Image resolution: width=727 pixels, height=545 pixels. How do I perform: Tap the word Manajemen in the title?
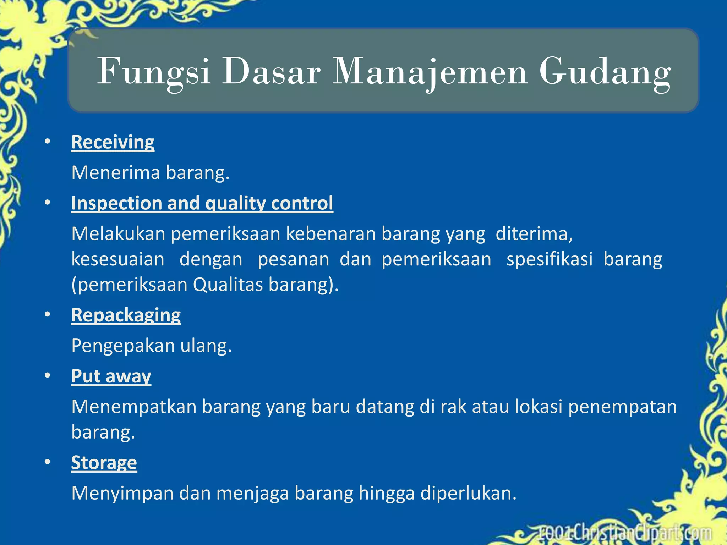pyautogui.click(x=430, y=72)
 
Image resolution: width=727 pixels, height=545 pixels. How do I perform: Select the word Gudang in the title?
pyautogui.click(x=605, y=72)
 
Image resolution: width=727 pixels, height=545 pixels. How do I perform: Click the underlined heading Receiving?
pyautogui.click(x=113, y=143)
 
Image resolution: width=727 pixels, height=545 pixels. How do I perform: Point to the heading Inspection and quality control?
pyautogui.click(x=202, y=204)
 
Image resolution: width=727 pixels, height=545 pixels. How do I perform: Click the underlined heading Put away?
pyautogui.click(x=111, y=376)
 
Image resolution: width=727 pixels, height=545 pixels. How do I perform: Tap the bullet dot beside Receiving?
pyautogui.click(x=48, y=142)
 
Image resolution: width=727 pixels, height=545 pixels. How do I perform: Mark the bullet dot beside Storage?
pyautogui.click(x=48, y=462)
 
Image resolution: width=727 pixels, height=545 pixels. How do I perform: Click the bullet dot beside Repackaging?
pyautogui.click(x=48, y=314)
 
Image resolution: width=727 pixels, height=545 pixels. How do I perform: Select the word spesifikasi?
pyautogui.click(x=550, y=259)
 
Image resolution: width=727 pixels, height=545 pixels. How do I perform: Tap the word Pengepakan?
pyautogui.click(x=123, y=346)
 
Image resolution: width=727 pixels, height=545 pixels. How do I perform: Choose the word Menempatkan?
pyautogui.click(x=134, y=407)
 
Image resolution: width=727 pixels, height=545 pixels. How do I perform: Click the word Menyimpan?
pyautogui.click(x=122, y=494)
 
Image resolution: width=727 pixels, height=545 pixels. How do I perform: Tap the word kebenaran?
pyautogui.click(x=331, y=234)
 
